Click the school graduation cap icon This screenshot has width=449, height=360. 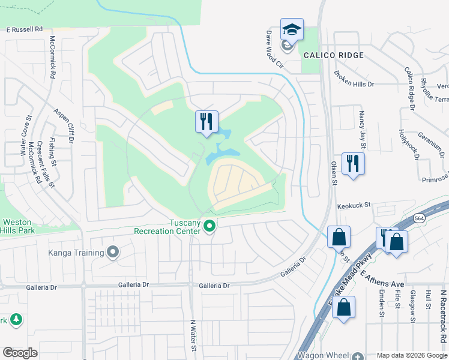coord(292,30)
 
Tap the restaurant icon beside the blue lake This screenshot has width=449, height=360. coord(206,122)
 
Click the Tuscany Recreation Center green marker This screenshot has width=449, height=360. coord(209,226)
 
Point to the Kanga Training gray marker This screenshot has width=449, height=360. coord(113,253)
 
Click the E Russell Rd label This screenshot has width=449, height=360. coord(25,29)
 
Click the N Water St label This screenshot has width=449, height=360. coord(193,336)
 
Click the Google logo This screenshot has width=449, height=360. coord(20,353)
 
